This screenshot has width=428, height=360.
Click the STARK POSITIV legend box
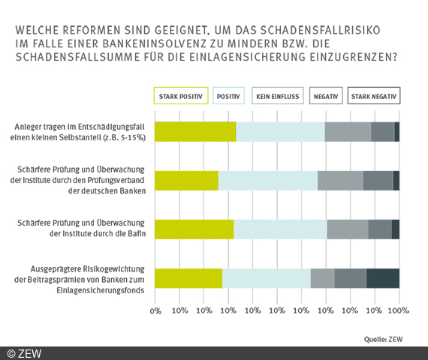point(180,97)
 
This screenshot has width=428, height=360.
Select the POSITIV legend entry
point(229,97)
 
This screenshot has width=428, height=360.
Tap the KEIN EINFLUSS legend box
point(276,97)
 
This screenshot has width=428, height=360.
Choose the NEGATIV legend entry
point(325,97)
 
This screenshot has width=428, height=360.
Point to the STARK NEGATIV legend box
point(374,97)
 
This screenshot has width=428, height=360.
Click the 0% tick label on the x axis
point(155,310)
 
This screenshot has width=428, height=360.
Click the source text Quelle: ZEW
point(383,339)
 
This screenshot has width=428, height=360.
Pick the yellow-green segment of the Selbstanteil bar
point(195,131)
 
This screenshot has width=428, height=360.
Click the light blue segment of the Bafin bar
point(280,229)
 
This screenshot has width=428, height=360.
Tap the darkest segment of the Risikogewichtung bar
point(382,278)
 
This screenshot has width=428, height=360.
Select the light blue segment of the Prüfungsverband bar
point(267,181)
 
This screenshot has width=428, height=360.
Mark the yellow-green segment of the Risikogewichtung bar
point(188,278)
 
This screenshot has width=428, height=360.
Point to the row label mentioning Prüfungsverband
point(83,180)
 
